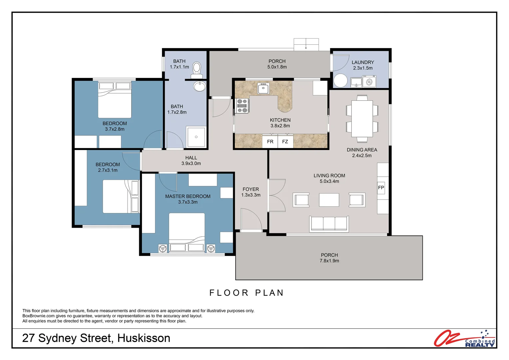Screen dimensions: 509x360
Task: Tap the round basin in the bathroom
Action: tap(200, 86)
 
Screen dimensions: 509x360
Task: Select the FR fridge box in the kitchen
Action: tap(270, 141)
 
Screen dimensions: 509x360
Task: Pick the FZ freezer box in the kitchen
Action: tap(285, 141)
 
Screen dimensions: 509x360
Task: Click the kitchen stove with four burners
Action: tap(242, 106)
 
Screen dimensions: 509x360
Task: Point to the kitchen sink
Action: tap(263, 88)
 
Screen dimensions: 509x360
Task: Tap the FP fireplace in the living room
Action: tap(381, 188)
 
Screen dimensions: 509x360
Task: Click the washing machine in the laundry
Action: tap(369, 81)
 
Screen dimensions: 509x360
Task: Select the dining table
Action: tap(362, 119)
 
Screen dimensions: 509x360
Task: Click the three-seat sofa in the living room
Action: tap(329, 224)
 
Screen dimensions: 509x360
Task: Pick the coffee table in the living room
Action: tap(329, 200)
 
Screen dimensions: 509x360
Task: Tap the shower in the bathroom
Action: tap(196, 137)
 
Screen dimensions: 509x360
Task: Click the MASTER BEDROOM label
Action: tap(188, 196)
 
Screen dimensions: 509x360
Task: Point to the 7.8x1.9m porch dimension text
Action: tap(329, 261)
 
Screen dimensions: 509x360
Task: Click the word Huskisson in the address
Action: tap(144, 338)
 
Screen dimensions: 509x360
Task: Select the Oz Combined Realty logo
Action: tap(464, 338)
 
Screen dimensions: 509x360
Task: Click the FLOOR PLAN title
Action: tap(247, 293)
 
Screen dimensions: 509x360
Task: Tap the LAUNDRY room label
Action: tap(363, 62)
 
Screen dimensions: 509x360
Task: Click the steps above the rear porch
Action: tap(306, 44)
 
